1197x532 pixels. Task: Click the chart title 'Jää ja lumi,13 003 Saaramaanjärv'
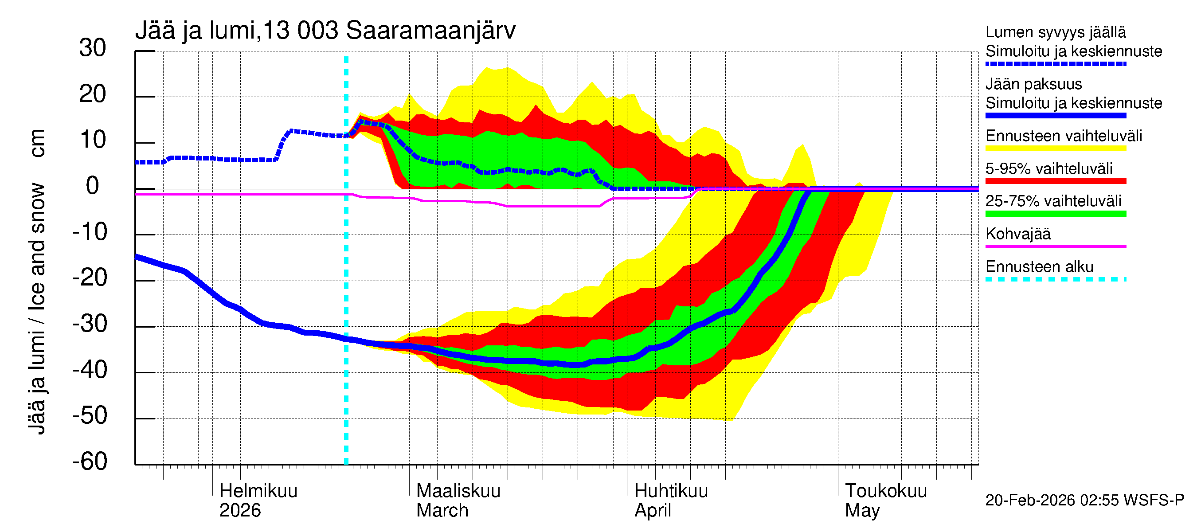coord(325,31)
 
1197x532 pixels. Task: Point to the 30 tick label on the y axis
coord(93,48)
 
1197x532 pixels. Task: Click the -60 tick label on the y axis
coord(90,462)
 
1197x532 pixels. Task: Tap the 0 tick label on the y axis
coord(93,186)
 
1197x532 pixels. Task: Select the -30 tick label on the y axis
coord(90,323)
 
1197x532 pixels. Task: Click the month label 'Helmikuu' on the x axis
coord(258,491)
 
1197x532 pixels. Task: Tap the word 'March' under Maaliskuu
coord(442,510)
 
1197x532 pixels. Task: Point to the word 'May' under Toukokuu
coord(862,510)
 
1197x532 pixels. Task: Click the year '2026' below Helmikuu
coord(240,510)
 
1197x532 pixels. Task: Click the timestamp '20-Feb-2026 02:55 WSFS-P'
coord(1084,500)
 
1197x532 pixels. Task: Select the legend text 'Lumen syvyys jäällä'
coord(1055,32)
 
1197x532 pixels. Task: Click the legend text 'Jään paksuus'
coord(1033,84)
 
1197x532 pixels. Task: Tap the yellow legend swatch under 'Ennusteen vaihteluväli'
coord(1055,149)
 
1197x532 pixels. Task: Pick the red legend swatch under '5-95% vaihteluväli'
coord(1055,181)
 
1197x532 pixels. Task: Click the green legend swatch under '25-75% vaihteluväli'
coord(1055,214)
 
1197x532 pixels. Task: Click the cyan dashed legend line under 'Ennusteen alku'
coord(1055,279)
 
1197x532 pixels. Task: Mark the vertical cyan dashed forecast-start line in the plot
coord(346,279)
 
